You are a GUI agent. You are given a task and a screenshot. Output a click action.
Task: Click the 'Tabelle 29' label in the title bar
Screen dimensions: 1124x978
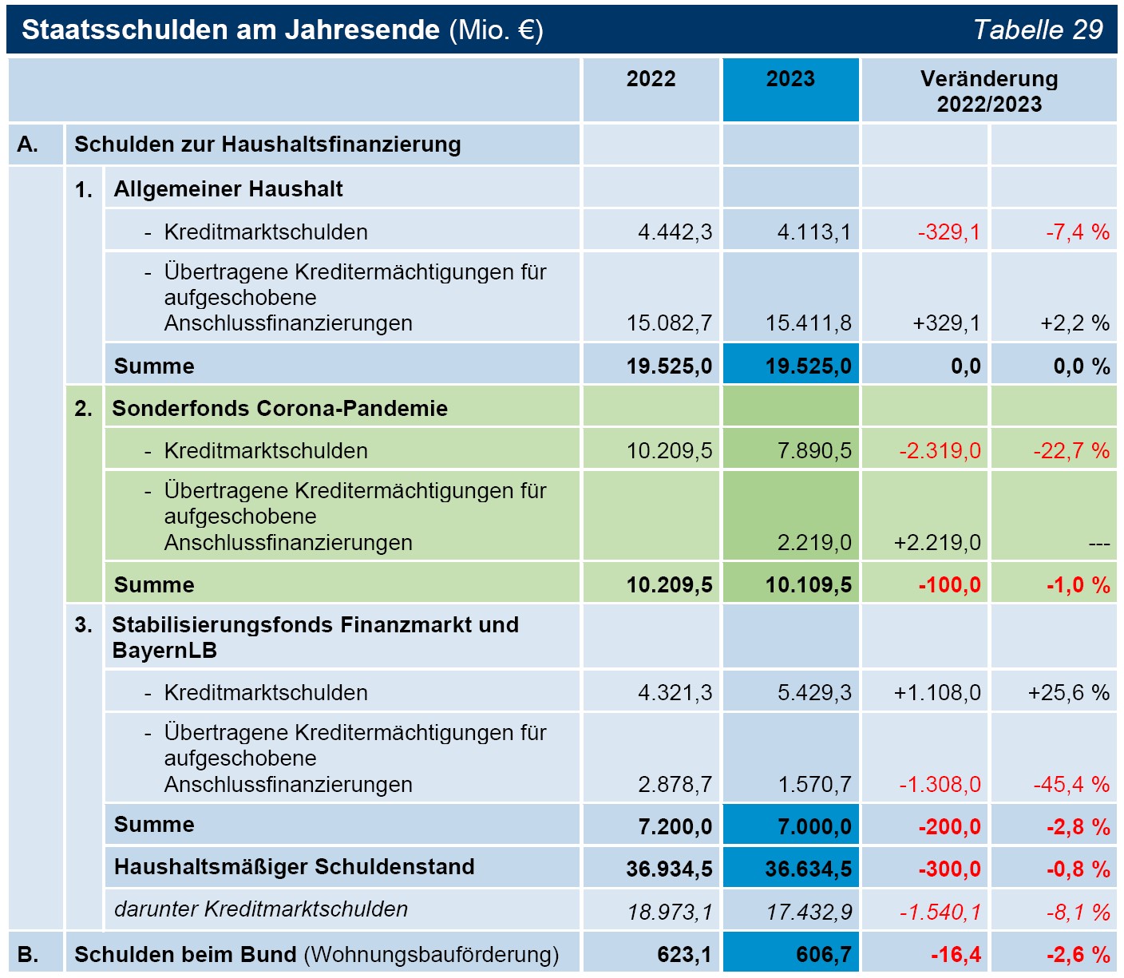(1037, 30)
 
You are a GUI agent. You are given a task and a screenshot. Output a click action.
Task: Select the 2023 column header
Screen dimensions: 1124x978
(790, 78)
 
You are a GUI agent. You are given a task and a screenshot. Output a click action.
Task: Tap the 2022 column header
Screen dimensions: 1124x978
(651, 78)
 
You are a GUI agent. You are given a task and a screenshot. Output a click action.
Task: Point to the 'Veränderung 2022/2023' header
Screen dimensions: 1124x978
(989, 91)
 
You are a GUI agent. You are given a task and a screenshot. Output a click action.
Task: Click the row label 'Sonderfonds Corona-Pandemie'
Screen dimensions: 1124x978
(279, 408)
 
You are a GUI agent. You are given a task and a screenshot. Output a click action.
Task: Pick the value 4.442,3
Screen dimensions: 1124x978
(675, 232)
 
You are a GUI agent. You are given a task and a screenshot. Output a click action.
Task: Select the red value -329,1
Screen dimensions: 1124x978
(948, 232)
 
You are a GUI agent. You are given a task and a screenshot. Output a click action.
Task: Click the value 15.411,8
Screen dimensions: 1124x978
(808, 323)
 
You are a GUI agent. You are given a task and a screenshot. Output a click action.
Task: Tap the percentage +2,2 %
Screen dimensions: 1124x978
(1075, 323)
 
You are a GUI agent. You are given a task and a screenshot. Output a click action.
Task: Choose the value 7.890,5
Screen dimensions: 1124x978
(814, 450)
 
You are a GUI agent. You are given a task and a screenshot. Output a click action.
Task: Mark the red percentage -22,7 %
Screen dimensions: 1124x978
(1071, 450)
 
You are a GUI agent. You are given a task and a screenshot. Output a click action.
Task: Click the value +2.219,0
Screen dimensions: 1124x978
(937, 542)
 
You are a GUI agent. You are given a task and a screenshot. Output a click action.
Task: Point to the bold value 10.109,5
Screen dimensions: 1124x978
(808, 584)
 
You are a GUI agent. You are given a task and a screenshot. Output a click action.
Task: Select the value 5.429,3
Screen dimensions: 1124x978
(814, 692)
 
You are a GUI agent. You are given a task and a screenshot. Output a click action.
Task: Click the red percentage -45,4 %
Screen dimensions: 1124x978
(1071, 784)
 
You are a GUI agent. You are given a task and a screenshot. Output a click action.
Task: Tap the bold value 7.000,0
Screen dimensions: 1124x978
(814, 826)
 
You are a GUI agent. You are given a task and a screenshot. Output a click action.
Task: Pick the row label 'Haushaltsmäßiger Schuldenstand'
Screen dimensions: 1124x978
(294, 866)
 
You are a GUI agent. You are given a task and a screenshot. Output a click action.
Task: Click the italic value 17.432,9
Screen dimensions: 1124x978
(809, 912)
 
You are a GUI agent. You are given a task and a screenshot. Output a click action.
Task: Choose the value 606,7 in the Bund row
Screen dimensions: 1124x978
(824, 954)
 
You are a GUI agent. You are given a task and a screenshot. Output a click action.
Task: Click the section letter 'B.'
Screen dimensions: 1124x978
(27, 954)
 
